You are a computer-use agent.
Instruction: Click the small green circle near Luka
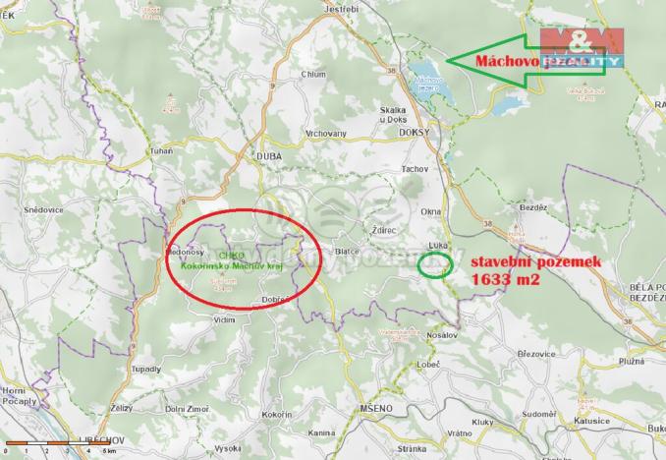point(435,264)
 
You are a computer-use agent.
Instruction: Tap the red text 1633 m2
point(502,279)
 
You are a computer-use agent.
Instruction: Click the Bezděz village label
point(530,209)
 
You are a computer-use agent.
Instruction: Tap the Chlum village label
point(314,74)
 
